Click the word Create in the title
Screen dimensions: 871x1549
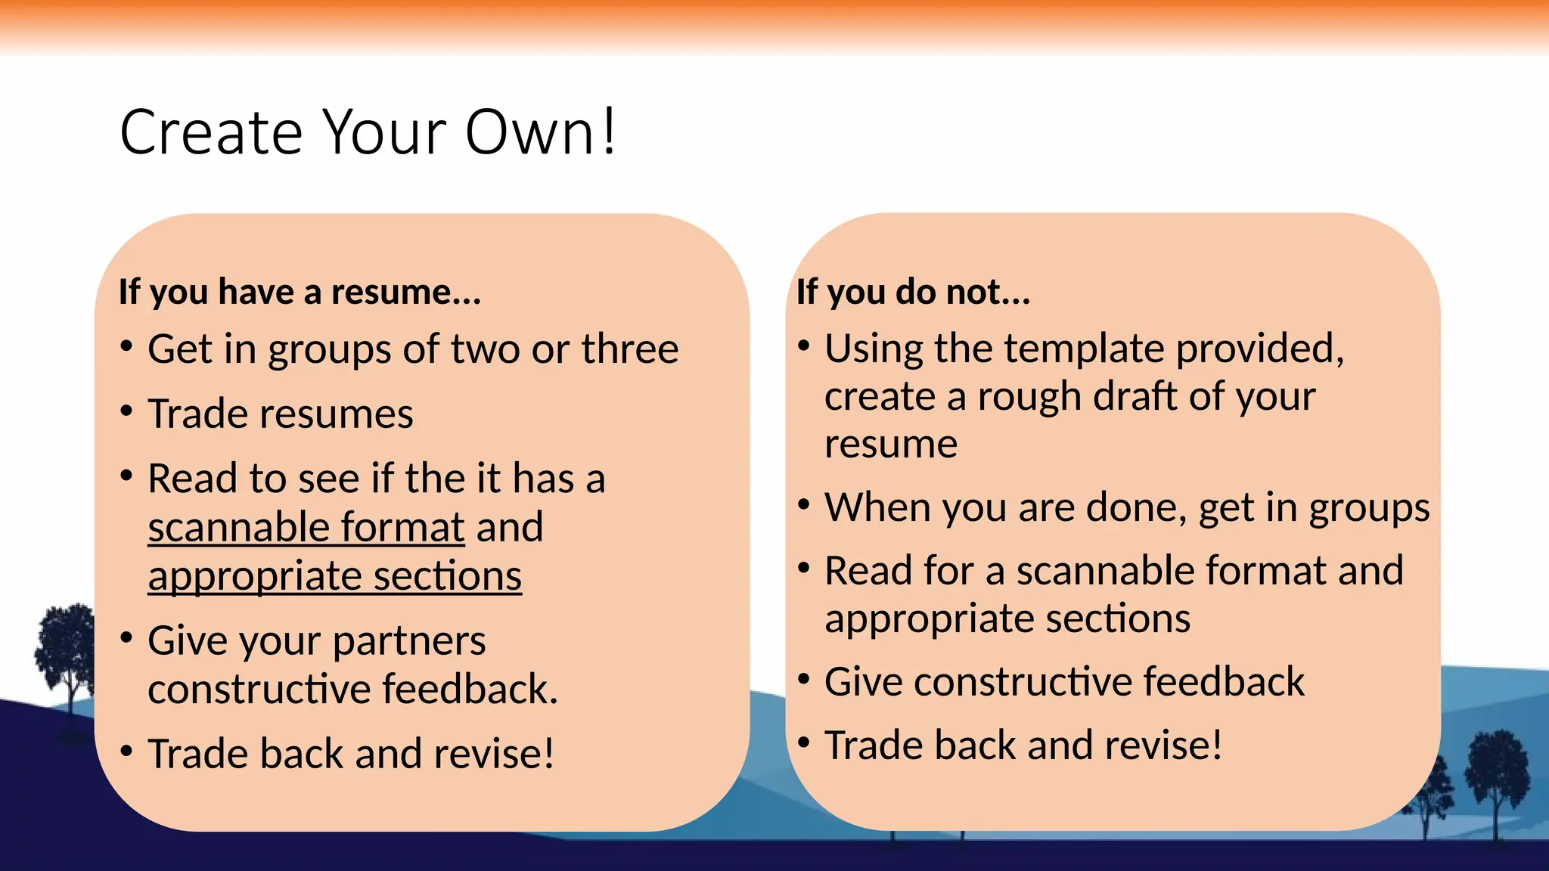(211, 133)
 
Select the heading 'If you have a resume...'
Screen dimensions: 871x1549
(300, 292)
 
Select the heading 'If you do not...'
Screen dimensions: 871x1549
(913, 292)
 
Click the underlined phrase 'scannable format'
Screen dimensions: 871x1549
(306, 527)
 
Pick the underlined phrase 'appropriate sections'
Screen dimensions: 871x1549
(334, 576)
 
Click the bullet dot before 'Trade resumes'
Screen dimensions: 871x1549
(127, 411)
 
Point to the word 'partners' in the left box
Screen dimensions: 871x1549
(409, 641)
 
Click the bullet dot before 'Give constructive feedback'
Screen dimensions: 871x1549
(804, 678)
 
